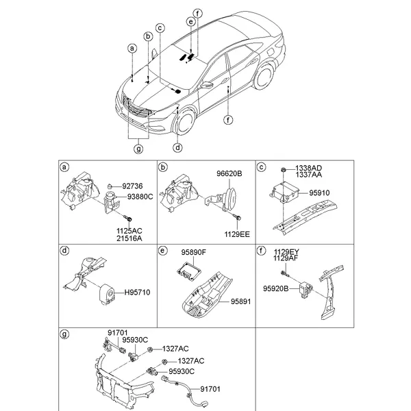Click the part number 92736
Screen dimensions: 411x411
coord(134,186)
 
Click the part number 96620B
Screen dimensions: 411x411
coord(230,174)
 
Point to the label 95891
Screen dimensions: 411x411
coord(242,299)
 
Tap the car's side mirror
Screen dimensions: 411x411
coord(206,85)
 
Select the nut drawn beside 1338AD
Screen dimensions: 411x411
coord(282,169)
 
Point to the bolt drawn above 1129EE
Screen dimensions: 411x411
coord(236,216)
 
